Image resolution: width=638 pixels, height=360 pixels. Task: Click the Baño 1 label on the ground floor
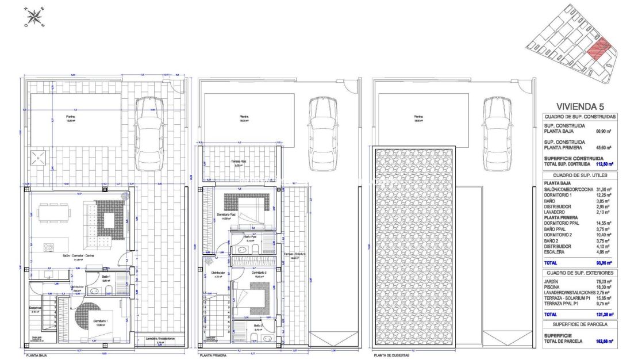tap(106, 277)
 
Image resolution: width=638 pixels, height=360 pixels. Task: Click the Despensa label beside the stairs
tap(36, 308)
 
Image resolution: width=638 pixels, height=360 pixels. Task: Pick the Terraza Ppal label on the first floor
tap(239, 162)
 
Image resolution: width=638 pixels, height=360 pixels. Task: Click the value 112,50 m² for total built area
tap(601, 164)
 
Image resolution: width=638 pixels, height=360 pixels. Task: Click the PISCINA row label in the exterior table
tap(553, 287)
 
